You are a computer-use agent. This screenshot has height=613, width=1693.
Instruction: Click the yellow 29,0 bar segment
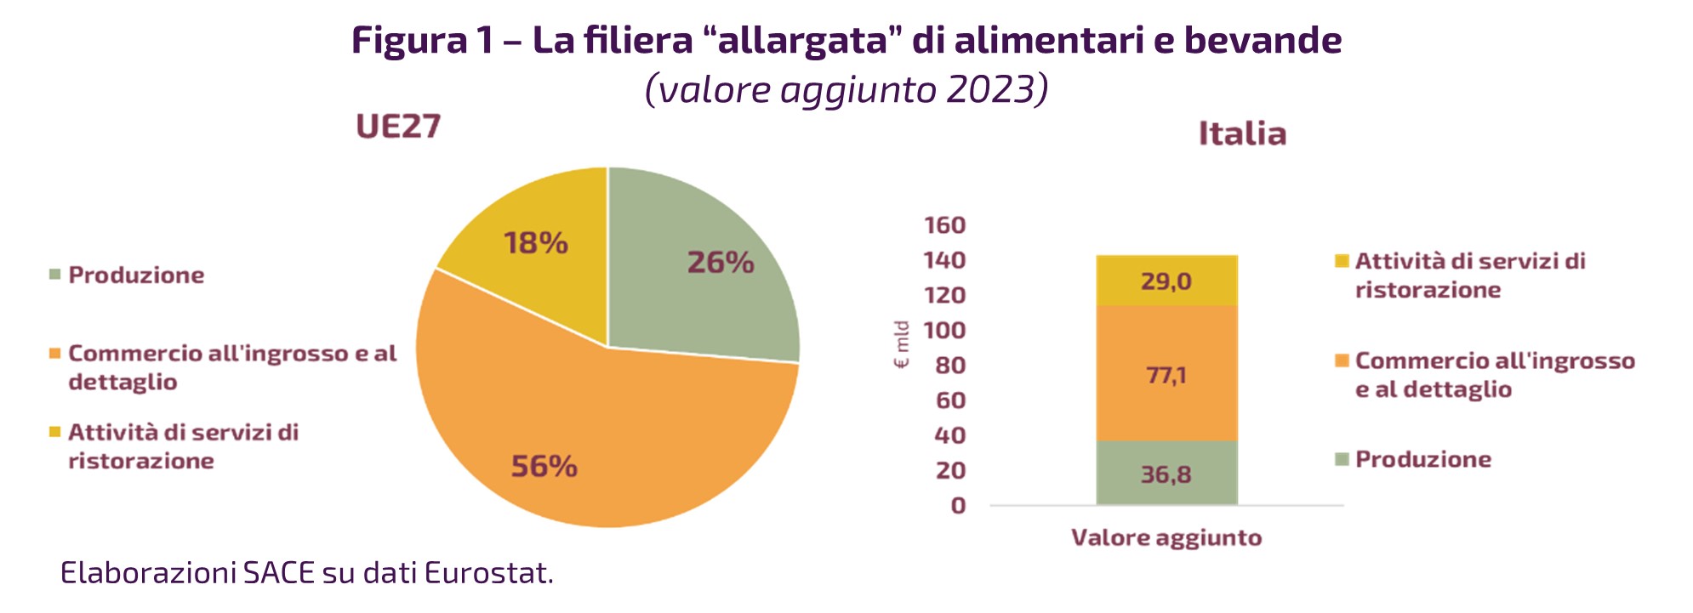click(x=1166, y=281)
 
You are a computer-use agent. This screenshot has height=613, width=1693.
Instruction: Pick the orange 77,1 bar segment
click(x=1166, y=374)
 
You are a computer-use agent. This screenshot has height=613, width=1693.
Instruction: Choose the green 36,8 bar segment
click(x=1166, y=474)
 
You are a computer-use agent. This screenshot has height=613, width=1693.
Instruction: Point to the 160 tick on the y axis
click(x=945, y=225)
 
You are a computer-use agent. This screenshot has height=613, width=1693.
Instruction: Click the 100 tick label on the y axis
click(x=945, y=330)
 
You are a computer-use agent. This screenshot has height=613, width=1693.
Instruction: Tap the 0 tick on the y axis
click(x=959, y=506)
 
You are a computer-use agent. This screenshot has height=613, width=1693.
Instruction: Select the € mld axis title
click(x=902, y=345)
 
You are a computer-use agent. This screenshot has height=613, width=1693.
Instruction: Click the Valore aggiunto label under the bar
click(x=1166, y=538)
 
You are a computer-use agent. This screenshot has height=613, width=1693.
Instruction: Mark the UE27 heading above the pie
click(x=398, y=127)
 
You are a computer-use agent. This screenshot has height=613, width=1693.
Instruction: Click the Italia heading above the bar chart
click(x=1242, y=134)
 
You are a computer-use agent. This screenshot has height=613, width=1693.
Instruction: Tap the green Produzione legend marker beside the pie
click(x=55, y=275)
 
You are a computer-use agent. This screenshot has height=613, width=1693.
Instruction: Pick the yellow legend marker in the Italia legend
click(x=1342, y=261)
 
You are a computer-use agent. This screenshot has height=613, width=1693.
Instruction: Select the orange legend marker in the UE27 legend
click(x=55, y=353)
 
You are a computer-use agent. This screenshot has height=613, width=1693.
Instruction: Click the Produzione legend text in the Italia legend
click(x=1423, y=460)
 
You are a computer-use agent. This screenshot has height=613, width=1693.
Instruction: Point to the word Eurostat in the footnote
click(x=488, y=573)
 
